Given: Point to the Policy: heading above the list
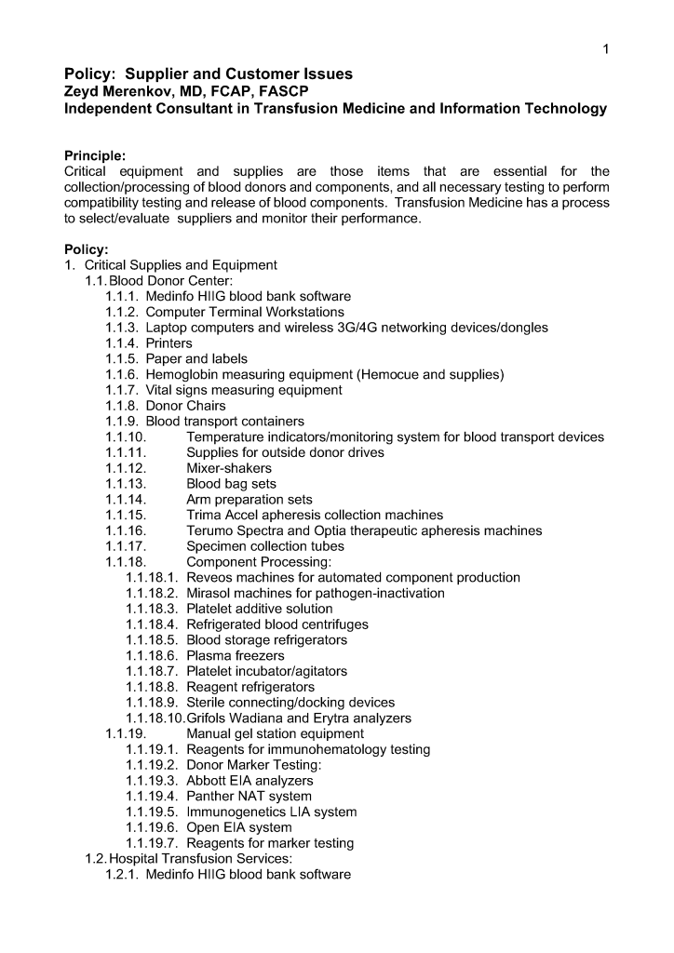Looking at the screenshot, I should pos(86,248).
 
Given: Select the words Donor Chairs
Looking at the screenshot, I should pos(185,406).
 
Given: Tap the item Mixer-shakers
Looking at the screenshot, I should pos(229,468).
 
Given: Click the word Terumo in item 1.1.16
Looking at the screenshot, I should pos(209,530).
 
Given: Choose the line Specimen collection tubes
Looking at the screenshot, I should pos(265,546).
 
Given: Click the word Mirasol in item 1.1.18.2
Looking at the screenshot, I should pos(210,593).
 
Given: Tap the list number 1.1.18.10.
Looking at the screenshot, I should pos(155,718).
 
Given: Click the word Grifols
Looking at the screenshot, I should pos(209,718).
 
